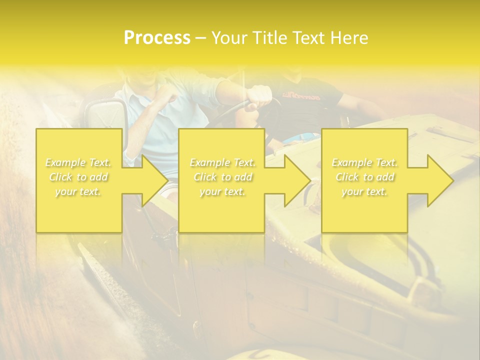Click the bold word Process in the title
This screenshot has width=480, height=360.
click(x=157, y=38)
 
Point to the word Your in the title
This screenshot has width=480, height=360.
click(x=230, y=38)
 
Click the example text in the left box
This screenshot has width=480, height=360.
click(x=78, y=177)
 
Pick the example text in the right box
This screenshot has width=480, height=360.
click(x=364, y=177)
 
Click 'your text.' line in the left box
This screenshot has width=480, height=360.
click(x=78, y=191)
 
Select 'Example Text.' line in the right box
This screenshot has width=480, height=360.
click(x=364, y=162)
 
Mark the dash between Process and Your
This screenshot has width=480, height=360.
click(x=201, y=38)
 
